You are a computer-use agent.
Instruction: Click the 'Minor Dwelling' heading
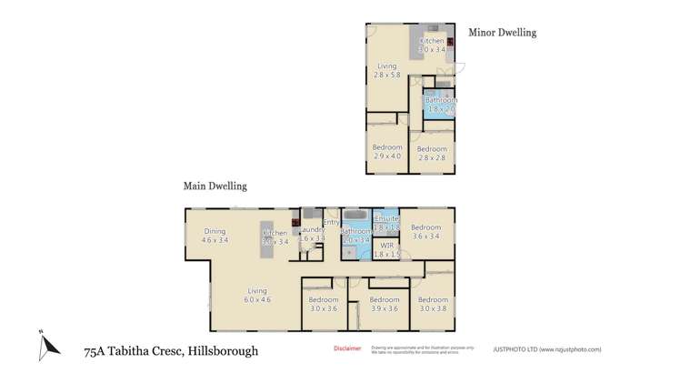click(502, 33)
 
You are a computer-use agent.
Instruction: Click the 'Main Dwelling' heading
click(215, 186)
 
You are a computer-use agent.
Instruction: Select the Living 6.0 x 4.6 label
click(257, 295)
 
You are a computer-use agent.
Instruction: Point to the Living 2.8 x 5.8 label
click(386, 71)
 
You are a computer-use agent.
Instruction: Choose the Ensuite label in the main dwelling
click(386, 220)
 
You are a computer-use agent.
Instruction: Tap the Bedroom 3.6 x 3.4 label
click(426, 232)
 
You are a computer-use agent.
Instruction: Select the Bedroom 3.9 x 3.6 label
click(385, 304)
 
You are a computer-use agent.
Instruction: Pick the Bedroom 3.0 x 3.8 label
click(433, 304)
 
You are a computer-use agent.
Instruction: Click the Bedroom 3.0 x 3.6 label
click(323, 304)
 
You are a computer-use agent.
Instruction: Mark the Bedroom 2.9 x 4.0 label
click(387, 153)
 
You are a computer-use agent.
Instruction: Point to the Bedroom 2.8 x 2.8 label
click(432, 153)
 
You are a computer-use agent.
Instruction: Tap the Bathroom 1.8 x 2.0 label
click(439, 104)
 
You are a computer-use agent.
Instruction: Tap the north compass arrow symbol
click(48, 343)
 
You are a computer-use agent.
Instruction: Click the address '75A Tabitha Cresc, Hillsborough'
click(171, 350)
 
